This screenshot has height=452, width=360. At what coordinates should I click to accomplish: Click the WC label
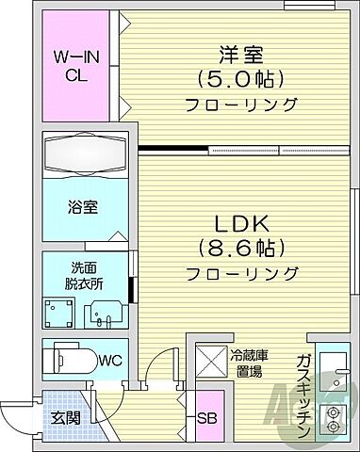point(110,360)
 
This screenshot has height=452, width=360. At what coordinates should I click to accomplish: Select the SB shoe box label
point(206,419)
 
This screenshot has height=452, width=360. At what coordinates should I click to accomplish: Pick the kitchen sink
point(332,365)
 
